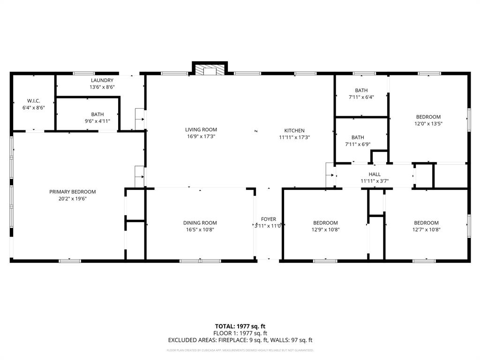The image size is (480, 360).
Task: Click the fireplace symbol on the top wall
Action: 210,70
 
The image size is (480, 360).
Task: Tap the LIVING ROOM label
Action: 201,130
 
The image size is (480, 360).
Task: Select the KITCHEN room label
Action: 294,131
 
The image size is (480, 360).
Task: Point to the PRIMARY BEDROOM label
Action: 73,192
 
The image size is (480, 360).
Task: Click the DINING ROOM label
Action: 200,223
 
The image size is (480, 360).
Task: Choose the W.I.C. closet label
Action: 33,101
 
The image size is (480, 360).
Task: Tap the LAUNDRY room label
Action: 102,81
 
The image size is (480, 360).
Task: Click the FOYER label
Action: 269,219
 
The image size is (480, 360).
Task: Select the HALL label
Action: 375,174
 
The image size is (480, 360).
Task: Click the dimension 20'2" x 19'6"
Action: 73,199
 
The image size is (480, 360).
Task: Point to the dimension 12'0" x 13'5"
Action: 428,124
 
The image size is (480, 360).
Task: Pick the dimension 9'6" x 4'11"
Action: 97,121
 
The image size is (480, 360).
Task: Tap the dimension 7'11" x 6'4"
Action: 361,97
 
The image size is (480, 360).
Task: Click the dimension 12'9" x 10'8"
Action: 325,230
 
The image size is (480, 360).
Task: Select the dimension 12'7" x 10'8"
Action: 426,230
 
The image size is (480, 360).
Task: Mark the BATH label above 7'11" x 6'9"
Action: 358,137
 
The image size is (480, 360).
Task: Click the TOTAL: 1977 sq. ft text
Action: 240,326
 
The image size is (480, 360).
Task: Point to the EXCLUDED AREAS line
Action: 240,340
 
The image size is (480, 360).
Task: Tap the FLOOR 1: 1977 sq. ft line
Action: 240,333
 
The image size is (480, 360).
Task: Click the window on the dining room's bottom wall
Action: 200,261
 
